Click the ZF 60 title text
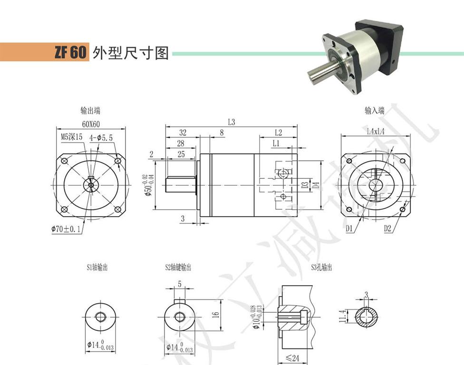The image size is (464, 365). tap(70, 52)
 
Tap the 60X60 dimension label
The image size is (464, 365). tap(90, 125)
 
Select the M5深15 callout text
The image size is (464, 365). tap(72, 137)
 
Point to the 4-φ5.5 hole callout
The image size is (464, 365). tap(101, 138)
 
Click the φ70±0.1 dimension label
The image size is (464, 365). tap(67, 230)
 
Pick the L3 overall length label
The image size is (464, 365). tap(232, 122)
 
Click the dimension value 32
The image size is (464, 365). tap(182, 133)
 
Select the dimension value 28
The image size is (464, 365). tap(180, 144)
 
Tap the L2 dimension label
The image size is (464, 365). tap(279, 133)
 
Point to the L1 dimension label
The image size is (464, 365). tap(276, 144)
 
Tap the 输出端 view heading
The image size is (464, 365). tap(90, 111)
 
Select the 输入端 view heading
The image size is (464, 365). tap(375, 111)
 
